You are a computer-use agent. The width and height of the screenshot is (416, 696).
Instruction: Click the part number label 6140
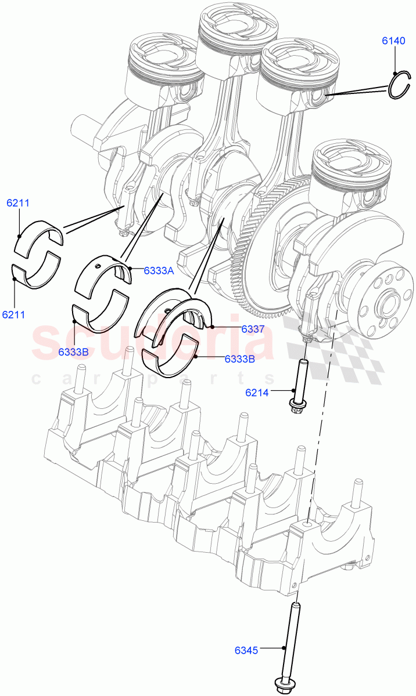(x=393, y=41)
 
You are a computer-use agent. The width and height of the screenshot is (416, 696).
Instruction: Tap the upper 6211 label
(x=18, y=203)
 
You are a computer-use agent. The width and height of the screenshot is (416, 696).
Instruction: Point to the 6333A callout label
(x=159, y=270)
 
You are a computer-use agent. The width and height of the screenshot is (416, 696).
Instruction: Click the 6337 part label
(x=237, y=329)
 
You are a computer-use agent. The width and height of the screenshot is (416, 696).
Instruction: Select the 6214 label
(x=257, y=393)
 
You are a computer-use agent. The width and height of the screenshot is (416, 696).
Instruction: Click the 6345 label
(x=246, y=651)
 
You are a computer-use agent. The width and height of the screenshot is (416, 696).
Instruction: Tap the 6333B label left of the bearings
(x=73, y=351)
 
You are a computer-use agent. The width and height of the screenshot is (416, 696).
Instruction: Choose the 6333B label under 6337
(x=239, y=358)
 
